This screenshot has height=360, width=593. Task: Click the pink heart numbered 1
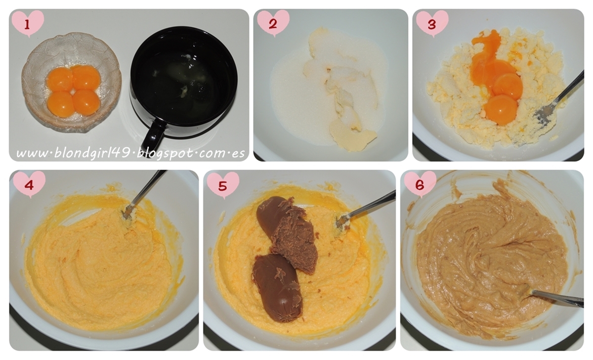click(x=28, y=23)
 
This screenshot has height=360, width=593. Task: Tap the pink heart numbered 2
click(x=273, y=23)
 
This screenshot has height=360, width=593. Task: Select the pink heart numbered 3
click(x=432, y=24)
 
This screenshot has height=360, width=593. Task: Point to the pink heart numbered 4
click(x=29, y=184)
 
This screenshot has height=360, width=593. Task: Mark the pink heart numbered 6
click(x=420, y=184)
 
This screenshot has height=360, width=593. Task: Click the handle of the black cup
click(x=154, y=135)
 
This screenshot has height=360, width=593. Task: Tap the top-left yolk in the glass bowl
click(x=60, y=79)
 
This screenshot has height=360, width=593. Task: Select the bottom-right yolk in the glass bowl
click(x=86, y=102)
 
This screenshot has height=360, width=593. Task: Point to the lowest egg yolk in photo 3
click(x=501, y=110)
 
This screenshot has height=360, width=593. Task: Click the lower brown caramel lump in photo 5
click(x=277, y=288)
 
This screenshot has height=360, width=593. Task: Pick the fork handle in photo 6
click(x=557, y=298)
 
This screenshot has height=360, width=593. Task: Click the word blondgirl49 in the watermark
click(x=92, y=153)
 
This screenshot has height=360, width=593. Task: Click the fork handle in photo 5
click(x=373, y=205)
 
